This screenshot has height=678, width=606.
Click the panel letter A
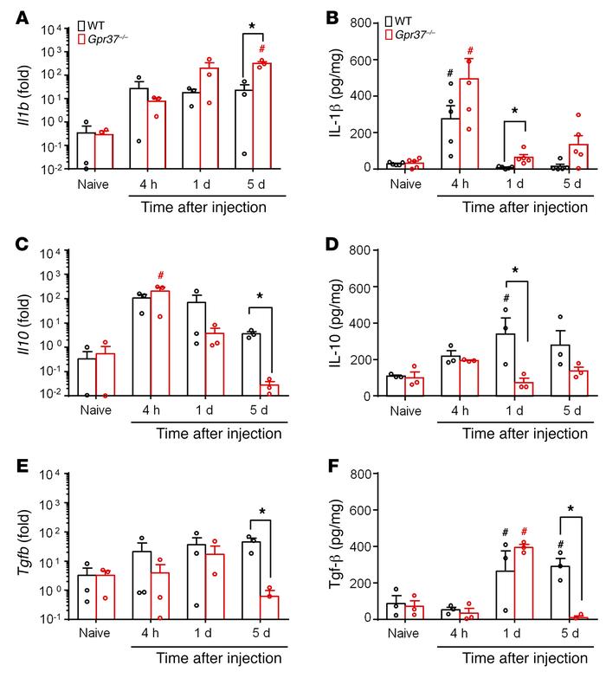pos(12,10)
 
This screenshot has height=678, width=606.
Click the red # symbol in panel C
pos(160,274)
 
